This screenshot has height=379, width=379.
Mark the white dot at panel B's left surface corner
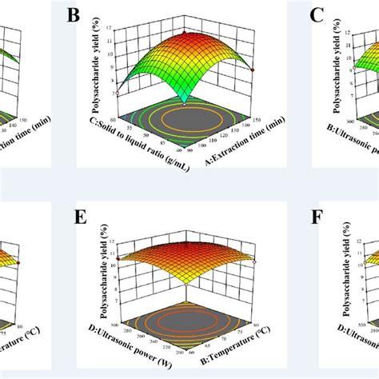118,93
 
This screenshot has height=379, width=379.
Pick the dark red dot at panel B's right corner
253,70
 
